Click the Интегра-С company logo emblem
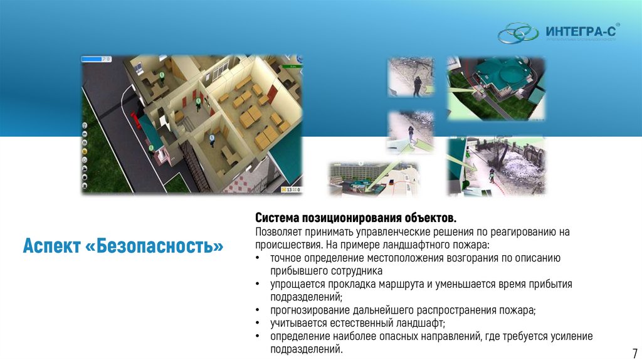[x=517, y=32]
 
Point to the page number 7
[x=634, y=352]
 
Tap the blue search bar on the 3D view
[x=93, y=59]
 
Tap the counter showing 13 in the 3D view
[x=291, y=188]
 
